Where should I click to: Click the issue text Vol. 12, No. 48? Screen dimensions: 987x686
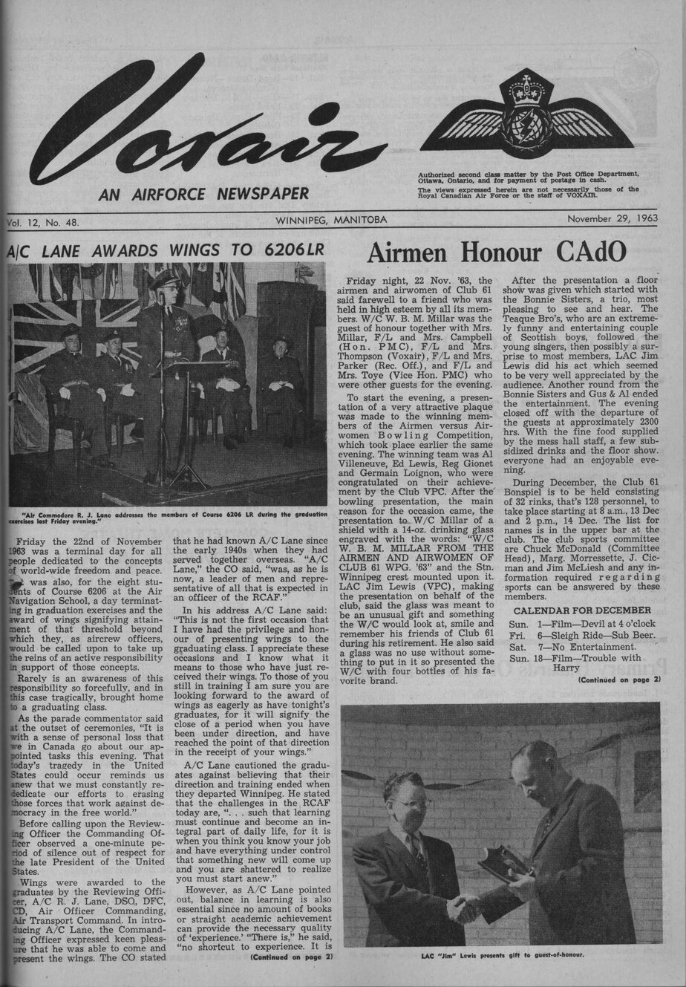(43, 221)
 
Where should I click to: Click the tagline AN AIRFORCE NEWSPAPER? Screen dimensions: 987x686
(203, 195)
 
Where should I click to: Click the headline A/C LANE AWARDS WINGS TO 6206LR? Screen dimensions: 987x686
(166, 250)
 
